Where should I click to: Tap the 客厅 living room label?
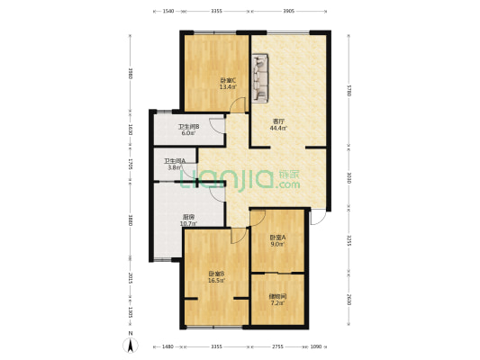280,121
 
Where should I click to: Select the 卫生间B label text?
188,127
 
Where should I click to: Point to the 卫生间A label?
175,161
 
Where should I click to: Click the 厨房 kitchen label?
190,216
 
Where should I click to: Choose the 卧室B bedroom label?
216,274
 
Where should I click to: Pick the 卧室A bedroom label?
278,237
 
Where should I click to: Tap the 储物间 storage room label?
278,295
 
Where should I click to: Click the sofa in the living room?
261,76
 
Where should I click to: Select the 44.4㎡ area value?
280,128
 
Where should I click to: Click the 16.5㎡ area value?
216,281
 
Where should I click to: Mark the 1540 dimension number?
168,13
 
